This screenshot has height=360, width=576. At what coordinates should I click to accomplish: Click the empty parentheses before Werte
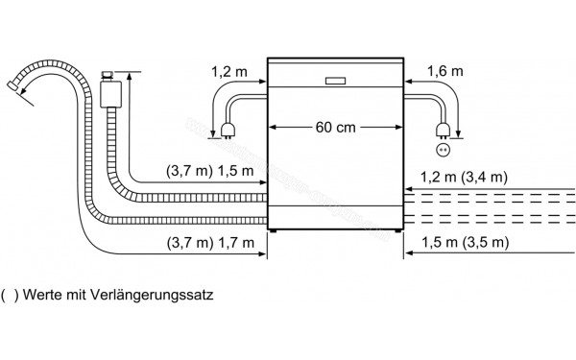coord(10,295)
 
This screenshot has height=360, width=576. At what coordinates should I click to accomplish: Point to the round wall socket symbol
coord(443,150)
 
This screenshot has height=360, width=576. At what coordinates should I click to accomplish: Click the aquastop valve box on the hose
coord(108,93)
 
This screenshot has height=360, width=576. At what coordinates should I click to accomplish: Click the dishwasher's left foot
coord(276,231)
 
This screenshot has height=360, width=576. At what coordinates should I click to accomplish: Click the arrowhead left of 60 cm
coord(274,127)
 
